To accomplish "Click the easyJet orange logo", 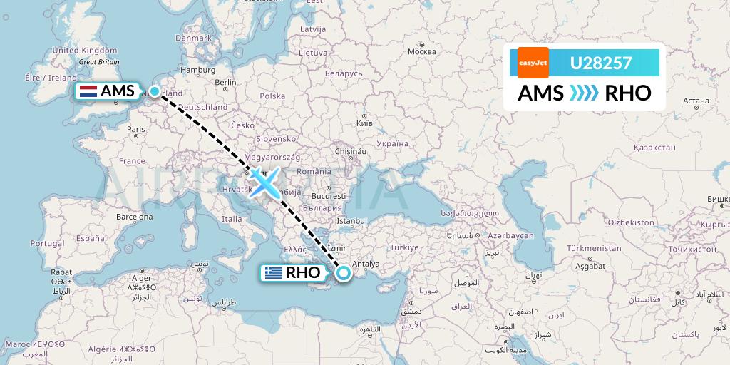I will tap(533, 63).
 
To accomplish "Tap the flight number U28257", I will tap(600, 63).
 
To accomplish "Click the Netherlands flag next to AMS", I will tap(88, 91).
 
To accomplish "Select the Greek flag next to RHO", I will tap(272, 272).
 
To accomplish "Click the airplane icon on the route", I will tap(264, 182).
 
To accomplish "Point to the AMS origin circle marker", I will tap(154, 91).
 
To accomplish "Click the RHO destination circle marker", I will tap(344, 272).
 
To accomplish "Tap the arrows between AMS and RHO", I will tap(584, 93).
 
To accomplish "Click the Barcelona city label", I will tap(135, 216).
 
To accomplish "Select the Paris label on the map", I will tap(135, 129).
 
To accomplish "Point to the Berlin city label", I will tap(225, 82).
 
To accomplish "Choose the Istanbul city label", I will tap(351, 221).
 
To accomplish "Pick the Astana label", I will tap(695, 101).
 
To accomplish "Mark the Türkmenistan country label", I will tap(594, 247).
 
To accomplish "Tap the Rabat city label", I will tap(61, 272).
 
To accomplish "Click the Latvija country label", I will tap(312, 29).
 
